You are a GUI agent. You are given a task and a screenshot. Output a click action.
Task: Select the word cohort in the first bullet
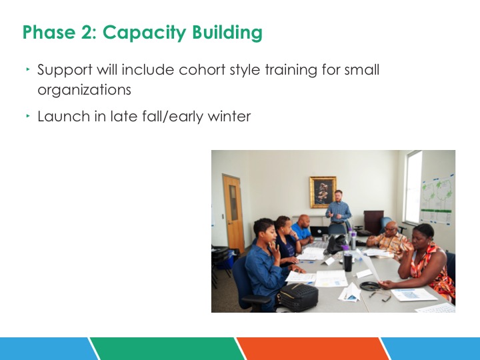click(x=202, y=70)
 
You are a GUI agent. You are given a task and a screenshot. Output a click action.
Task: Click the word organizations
click(x=84, y=90)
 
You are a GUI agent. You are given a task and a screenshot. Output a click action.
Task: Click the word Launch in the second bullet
click(x=64, y=116)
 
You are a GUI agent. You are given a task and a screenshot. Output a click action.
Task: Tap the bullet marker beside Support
click(x=28, y=69)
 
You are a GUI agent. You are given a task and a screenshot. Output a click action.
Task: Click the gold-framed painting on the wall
click(x=323, y=192)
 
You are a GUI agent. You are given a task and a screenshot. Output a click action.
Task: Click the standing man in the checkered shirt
click(x=338, y=211)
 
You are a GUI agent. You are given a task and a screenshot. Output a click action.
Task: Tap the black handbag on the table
click(x=297, y=297)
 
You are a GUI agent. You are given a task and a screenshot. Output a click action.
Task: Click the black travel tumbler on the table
click(x=348, y=262)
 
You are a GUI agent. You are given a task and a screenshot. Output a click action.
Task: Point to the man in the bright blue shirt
click(x=301, y=229)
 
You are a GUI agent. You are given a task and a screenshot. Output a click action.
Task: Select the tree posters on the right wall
click(x=437, y=199)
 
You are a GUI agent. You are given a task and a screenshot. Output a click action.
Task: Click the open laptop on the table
click(x=319, y=231)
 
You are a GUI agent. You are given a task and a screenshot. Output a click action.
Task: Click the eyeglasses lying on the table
click(x=380, y=296)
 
